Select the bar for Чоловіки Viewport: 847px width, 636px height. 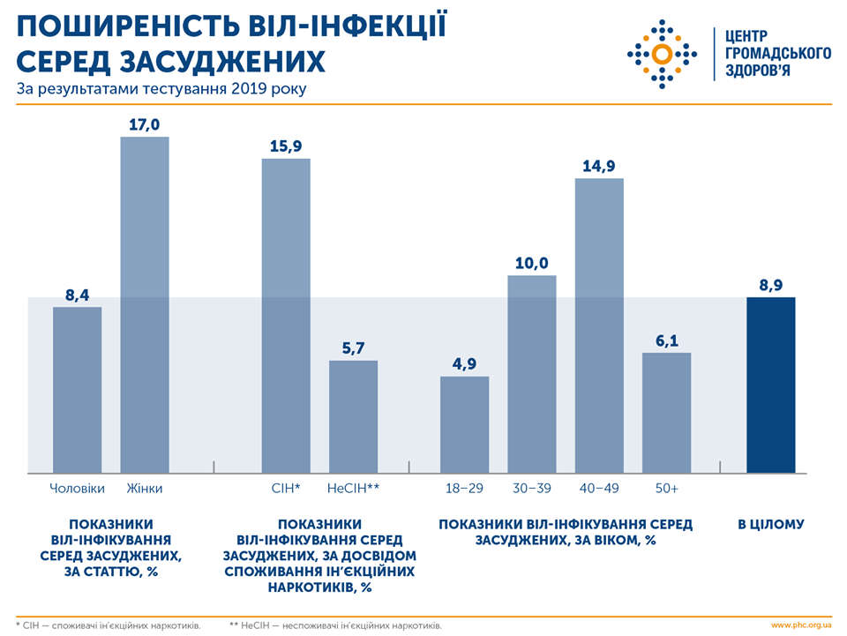pyautogui.click(x=78, y=389)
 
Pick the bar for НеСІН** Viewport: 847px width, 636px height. pyautogui.click(x=353, y=415)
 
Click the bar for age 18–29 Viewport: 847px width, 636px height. pyautogui.click(x=465, y=423)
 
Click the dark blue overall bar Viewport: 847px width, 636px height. pyautogui.click(x=771, y=385)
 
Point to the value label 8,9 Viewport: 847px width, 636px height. pyautogui.click(x=771, y=285)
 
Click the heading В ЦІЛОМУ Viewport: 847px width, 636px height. pyautogui.click(x=771, y=524)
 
